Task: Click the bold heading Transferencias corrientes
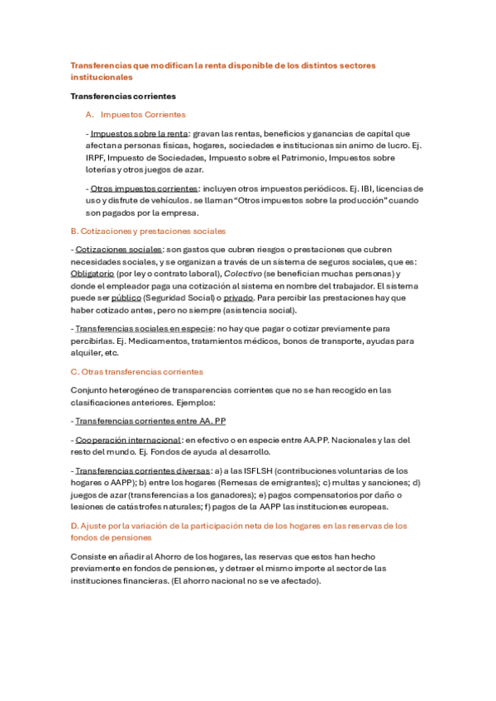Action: [123, 96]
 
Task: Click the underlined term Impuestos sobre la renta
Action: [139, 133]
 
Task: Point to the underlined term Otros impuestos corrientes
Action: [145, 188]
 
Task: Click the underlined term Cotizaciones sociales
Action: [119, 250]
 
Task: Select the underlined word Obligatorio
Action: [92, 274]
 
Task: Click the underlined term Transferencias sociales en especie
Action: [144, 328]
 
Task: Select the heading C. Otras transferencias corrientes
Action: [137, 372]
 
